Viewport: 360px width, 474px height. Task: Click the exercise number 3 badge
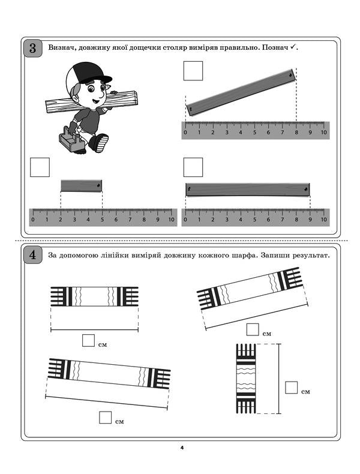33,47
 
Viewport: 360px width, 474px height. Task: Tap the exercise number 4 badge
33,256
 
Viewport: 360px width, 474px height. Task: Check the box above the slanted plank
193,71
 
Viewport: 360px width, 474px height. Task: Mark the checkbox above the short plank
40,167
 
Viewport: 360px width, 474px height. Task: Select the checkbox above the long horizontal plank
193,167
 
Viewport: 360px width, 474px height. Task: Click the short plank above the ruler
81,186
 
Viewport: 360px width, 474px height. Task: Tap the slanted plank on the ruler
241,92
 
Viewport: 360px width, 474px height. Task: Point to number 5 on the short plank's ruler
102,220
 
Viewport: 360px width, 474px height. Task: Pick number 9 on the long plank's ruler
310,220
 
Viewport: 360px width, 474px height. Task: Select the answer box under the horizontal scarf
88,341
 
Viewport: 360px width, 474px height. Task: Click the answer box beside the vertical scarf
292,387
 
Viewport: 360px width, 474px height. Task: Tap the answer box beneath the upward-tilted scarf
253,329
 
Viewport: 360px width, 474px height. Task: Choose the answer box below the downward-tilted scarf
106,418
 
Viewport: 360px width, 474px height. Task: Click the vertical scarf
247,379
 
